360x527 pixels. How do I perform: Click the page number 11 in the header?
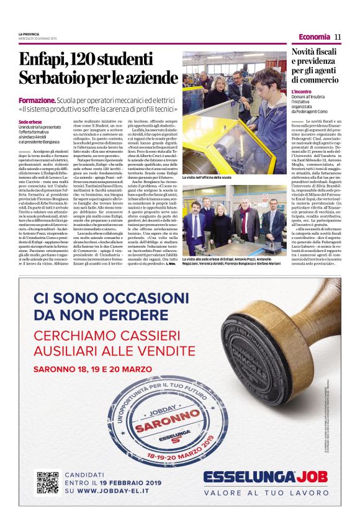point(337,37)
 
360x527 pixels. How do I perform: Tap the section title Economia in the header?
point(313,37)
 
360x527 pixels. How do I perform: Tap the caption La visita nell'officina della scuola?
point(207,178)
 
